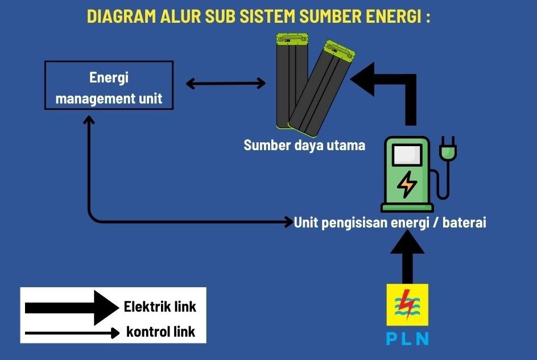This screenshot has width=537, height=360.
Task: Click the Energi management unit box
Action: click(109, 85)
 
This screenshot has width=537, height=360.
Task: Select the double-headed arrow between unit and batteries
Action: click(226, 84)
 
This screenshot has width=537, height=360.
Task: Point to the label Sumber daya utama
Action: click(304, 146)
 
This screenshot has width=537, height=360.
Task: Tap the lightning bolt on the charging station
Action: click(407, 184)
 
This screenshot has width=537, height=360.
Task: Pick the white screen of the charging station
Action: click(407, 155)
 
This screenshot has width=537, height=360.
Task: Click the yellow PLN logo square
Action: click(407, 304)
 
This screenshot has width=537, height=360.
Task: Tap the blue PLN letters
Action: click(407, 338)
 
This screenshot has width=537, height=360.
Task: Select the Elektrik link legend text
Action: click(160, 307)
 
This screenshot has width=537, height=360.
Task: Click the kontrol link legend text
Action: click(160, 332)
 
